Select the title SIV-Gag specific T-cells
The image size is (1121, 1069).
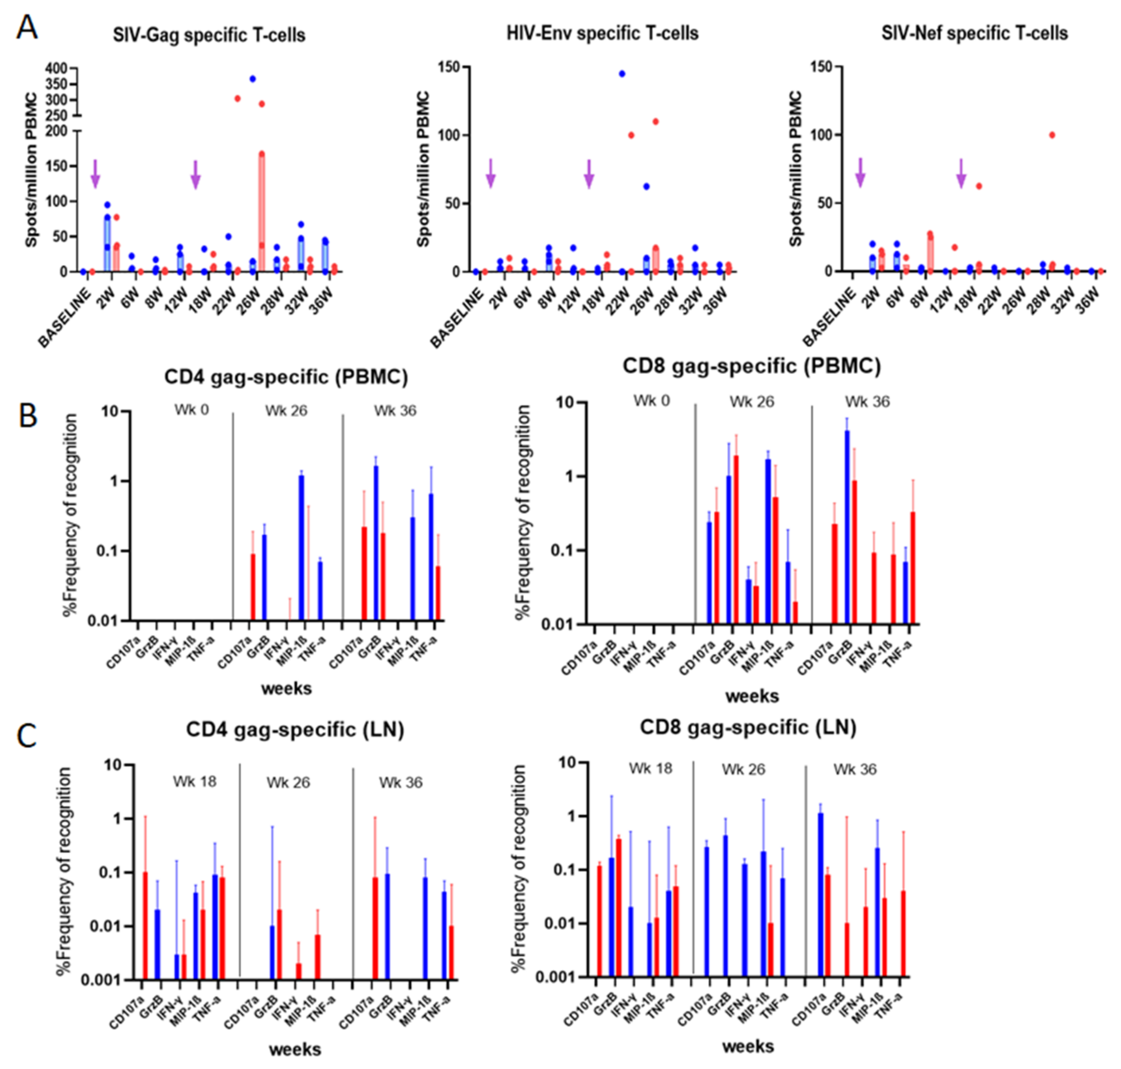[209, 35]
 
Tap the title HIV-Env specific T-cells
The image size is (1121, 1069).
[602, 34]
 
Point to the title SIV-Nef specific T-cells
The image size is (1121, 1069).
[975, 34]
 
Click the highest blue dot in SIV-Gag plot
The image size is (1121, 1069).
[252, 79]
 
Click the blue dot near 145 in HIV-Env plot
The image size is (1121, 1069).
[622, 74]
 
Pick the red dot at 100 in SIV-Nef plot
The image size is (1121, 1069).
[1052, 135]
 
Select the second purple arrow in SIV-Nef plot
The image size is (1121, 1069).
[961, 173]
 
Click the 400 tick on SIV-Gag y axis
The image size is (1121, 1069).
[58, 68]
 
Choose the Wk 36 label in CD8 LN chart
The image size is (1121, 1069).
[855, 770]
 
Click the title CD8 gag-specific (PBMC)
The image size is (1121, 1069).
[751, 366]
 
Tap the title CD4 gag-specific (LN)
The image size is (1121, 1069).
[295, 730]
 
